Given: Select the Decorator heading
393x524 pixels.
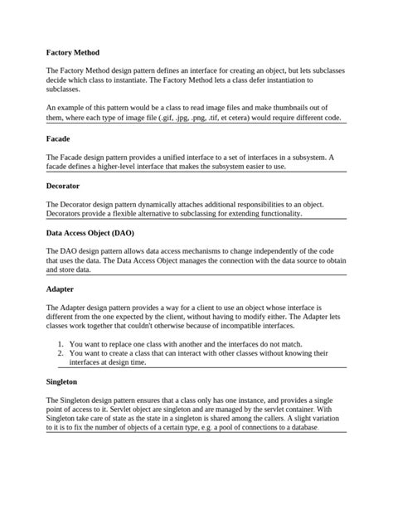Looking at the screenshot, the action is [x=63, y=186].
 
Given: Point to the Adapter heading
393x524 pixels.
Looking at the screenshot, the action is [x=61, y=289].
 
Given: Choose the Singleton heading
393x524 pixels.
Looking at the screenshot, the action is [x=62, y=382].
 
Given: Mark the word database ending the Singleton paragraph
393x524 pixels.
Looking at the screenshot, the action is [x=298, y=428].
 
